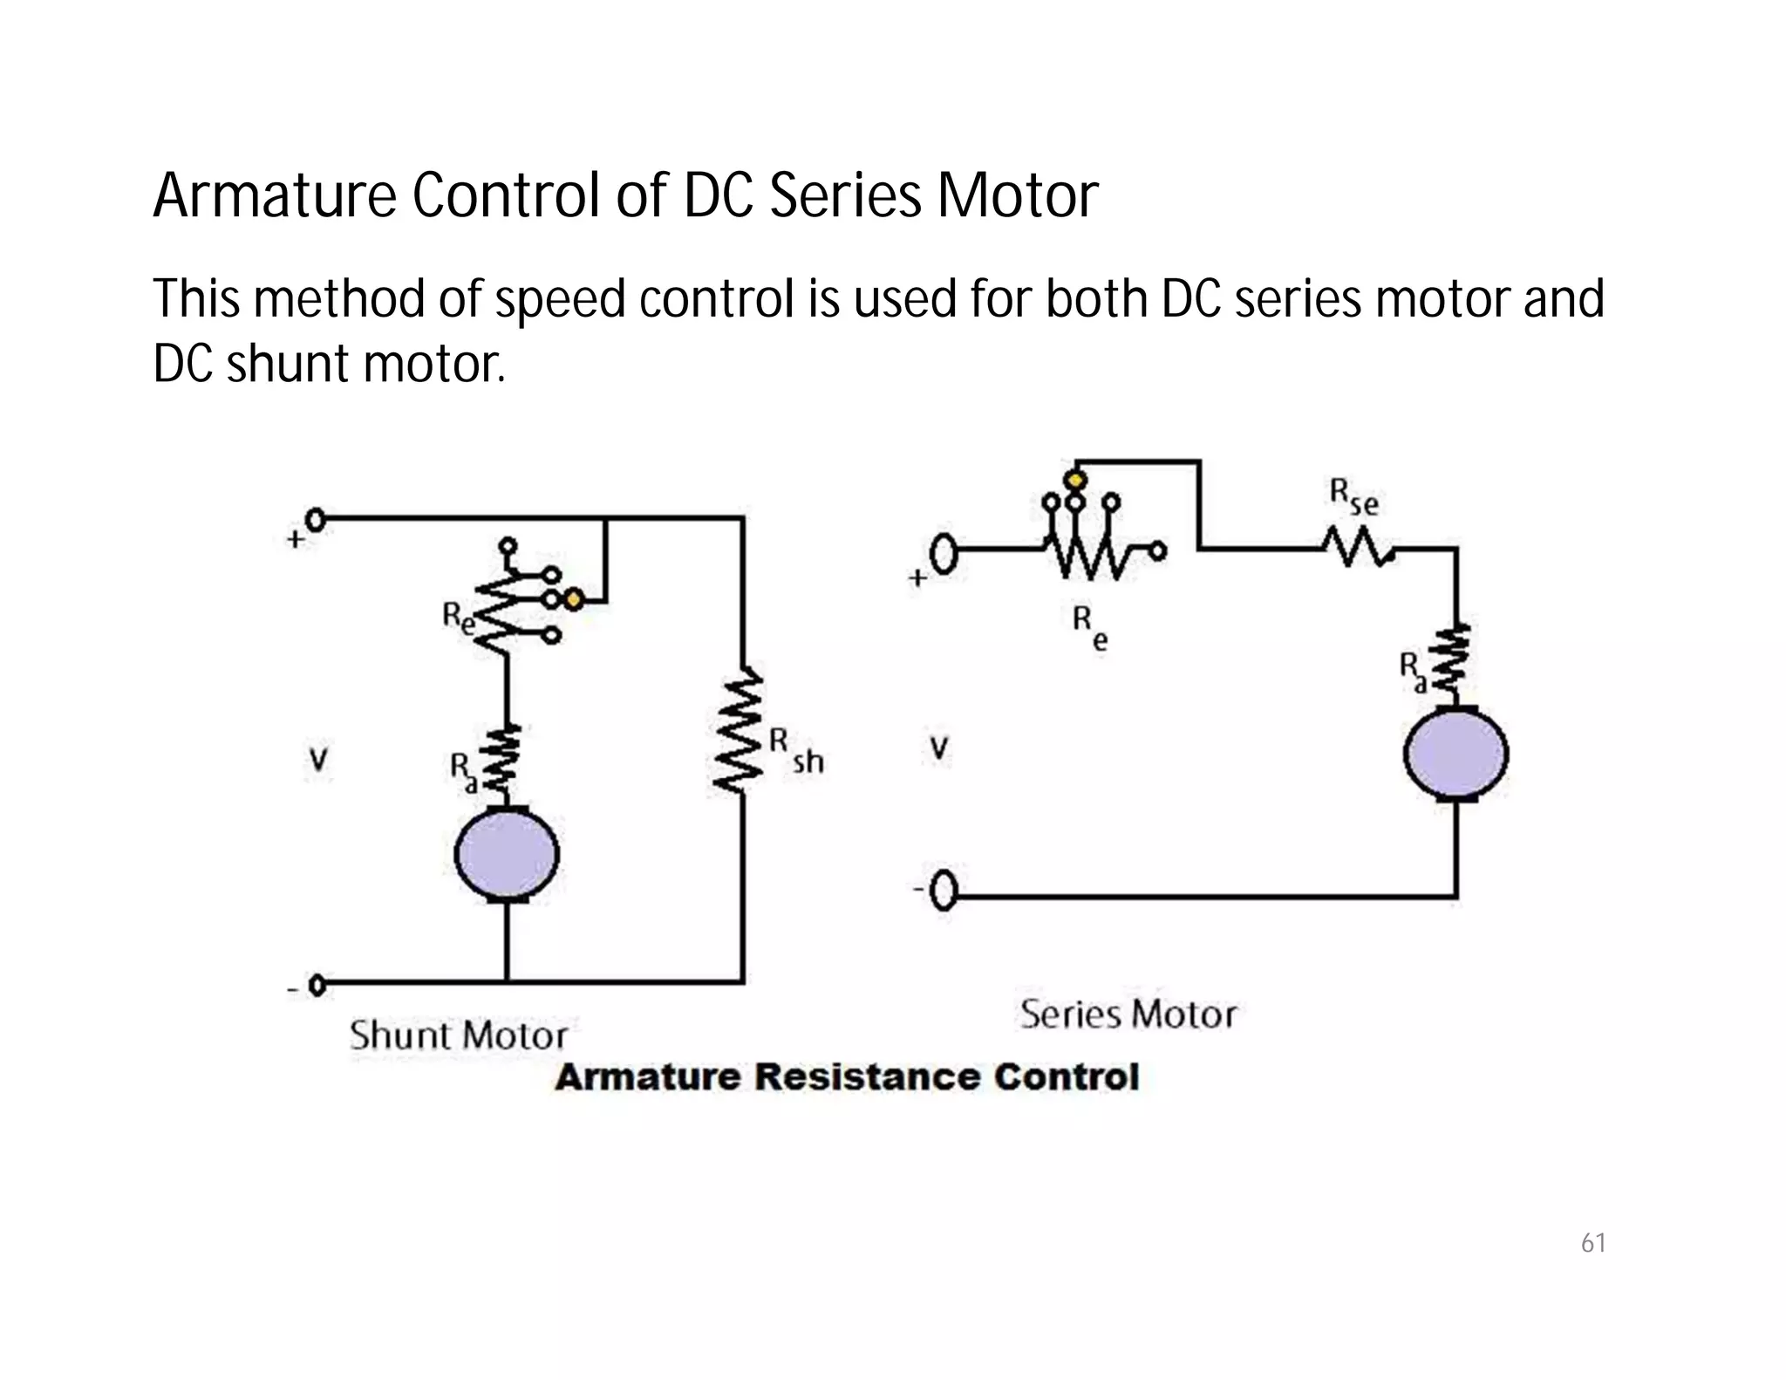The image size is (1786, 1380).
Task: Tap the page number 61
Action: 1593,1242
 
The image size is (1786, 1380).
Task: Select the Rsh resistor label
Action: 795,752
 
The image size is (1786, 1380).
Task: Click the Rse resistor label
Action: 1353,497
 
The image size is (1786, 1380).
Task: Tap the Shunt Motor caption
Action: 459,1035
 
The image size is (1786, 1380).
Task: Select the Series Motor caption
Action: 1128,1015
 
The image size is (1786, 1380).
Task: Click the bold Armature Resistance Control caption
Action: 847,1077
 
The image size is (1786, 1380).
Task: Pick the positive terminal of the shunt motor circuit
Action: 316,521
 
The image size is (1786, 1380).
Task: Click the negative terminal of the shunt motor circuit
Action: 317,986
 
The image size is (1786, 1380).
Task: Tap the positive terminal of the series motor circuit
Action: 944,555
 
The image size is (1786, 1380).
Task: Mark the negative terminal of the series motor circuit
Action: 944,892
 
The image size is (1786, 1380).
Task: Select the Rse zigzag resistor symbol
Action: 1357,549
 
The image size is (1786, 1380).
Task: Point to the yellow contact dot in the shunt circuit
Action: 573,600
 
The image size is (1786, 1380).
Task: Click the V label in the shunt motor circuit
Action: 319,761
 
